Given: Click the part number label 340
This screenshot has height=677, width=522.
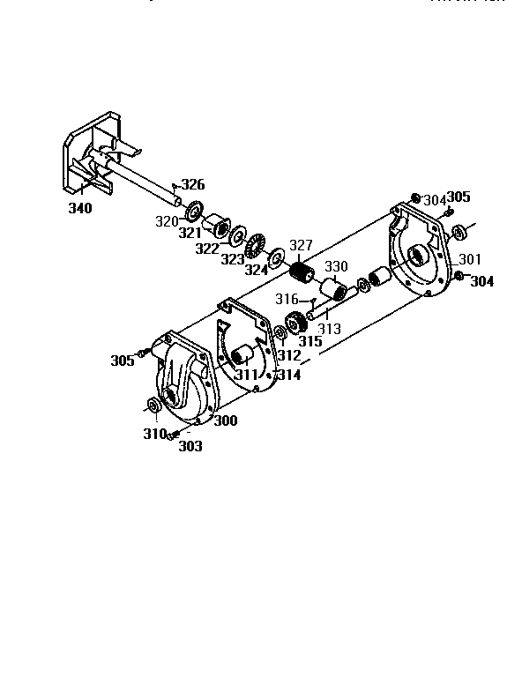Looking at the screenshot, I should click(x=80, y=208).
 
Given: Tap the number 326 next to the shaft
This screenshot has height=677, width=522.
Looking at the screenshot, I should click(x=192, y=185).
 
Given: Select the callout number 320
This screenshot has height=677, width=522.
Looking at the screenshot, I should click(x=168, y=221).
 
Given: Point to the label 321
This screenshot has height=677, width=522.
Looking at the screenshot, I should click(x=190, y=233).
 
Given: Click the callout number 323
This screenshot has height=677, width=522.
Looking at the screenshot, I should click(x=233, y=259).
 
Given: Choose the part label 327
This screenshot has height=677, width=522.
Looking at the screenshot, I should click(x=302, y=245).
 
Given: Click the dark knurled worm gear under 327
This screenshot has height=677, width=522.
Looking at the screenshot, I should click(x=302, y=273).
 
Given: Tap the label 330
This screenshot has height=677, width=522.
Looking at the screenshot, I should click(x=336, y=266).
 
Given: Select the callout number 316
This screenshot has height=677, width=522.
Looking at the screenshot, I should click(x=287, y=300).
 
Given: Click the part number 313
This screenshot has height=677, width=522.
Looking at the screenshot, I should click(x=329, y=329).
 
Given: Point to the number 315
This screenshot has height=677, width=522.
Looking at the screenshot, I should click(x=310, y=341).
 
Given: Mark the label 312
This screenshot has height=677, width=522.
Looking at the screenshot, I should click(x=288, y=355).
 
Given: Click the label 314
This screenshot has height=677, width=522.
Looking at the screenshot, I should click(x=288, y=375).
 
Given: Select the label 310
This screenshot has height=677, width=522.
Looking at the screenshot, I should click(x=155, y=434).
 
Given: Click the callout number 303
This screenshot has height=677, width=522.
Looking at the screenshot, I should click(x=190, y=446).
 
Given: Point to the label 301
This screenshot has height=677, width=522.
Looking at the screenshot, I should click(x=470, y=259).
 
